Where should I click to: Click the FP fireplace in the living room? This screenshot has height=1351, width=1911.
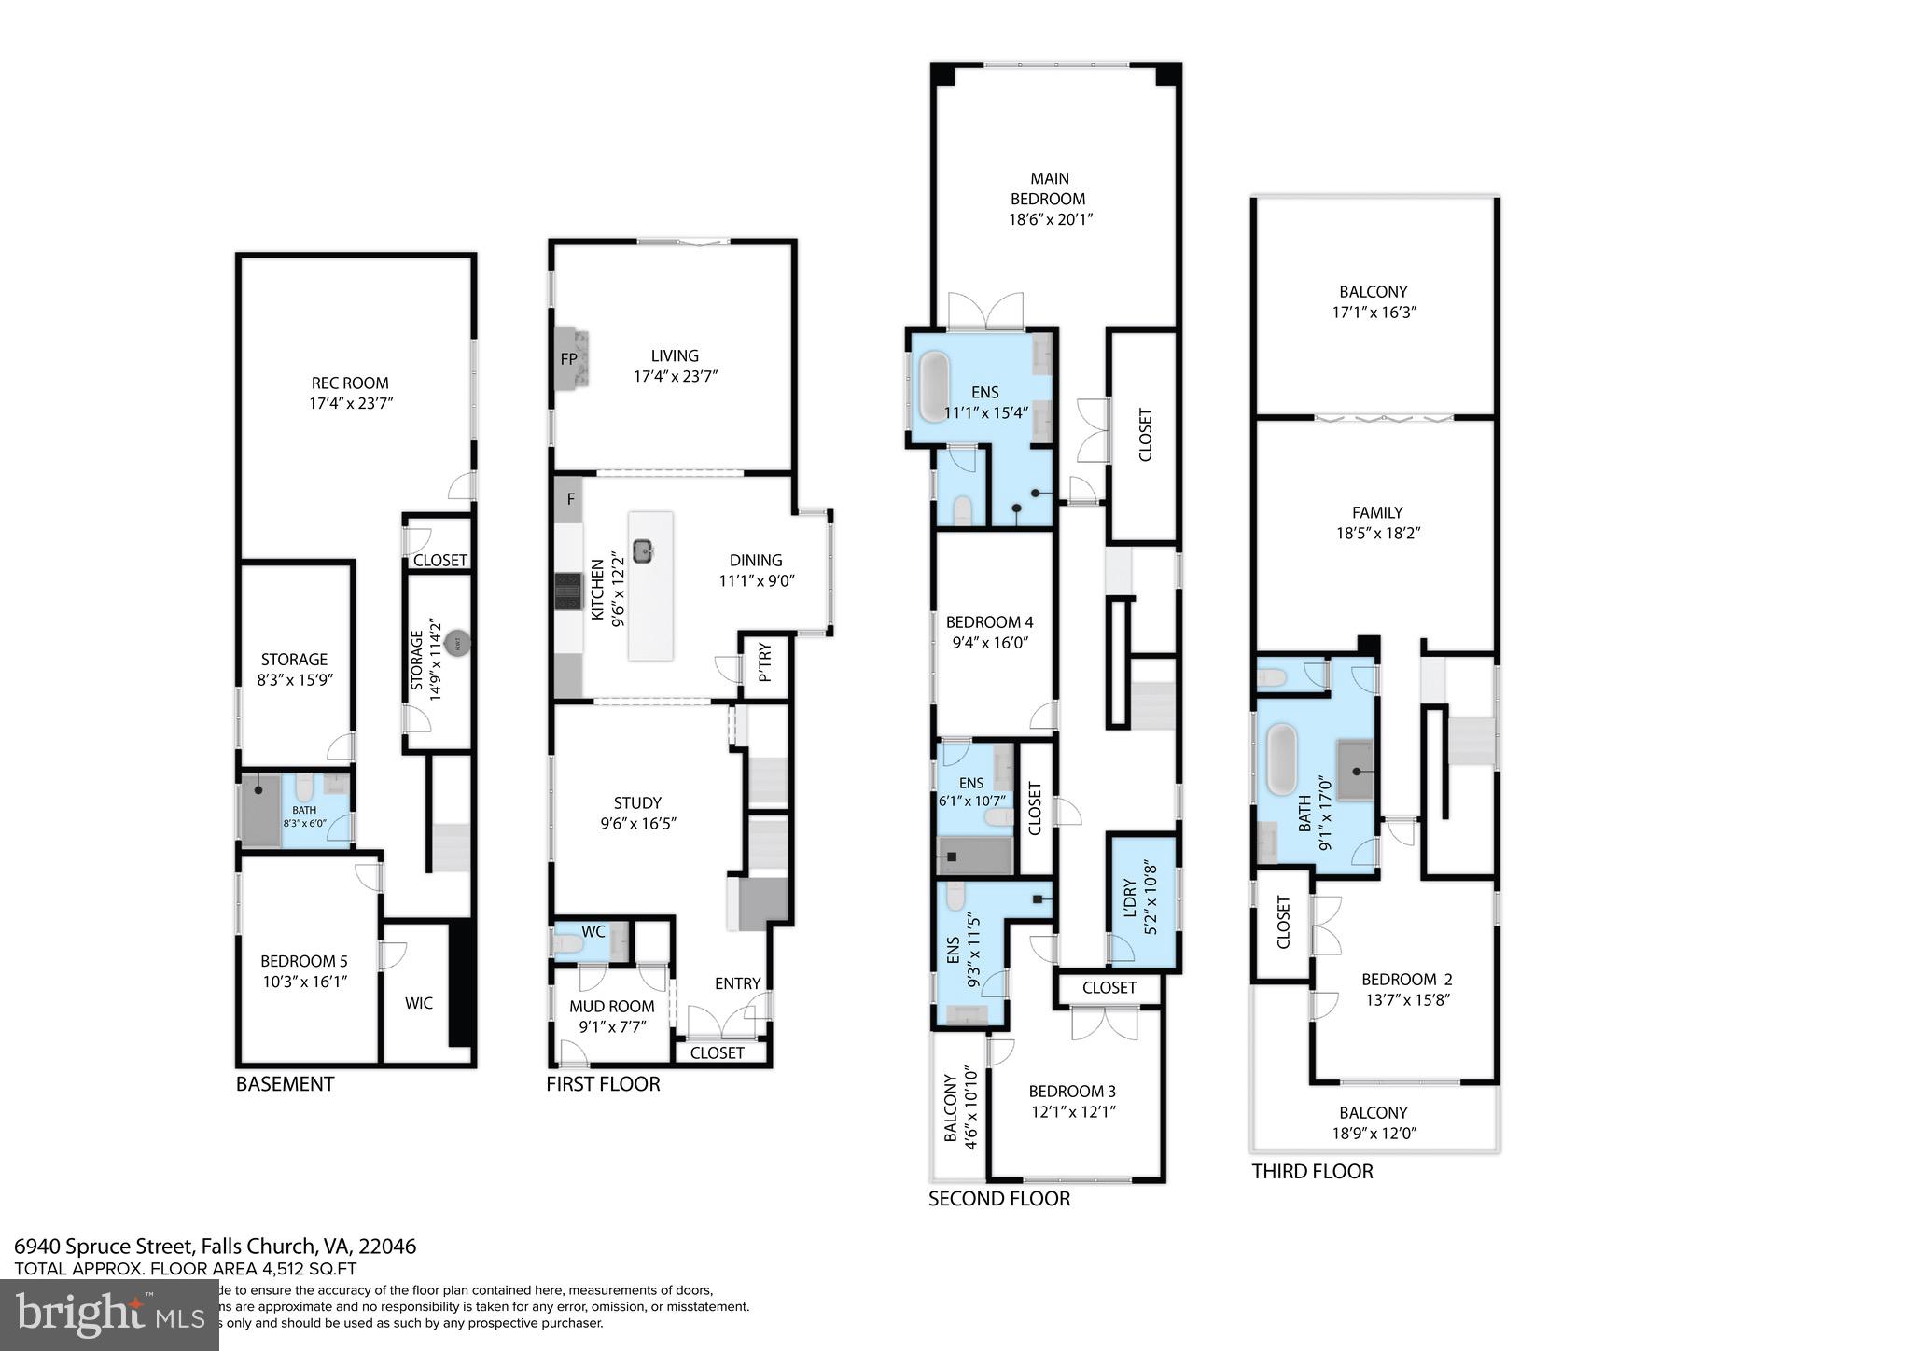568,358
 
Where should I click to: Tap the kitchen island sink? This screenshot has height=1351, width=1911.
643,550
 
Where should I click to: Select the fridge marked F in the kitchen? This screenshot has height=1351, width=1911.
570,499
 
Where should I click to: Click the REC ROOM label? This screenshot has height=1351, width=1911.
350,383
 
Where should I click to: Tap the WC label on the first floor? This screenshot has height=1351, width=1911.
593,931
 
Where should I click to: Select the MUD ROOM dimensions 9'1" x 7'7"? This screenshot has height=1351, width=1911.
611,1026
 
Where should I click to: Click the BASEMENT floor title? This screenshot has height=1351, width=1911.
285,1084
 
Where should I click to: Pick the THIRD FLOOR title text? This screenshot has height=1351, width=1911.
1312,1172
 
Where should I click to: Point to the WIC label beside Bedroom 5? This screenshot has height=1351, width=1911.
419,1003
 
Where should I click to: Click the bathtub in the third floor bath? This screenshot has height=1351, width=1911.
1282,759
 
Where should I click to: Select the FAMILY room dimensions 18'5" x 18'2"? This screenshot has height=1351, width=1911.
1377,534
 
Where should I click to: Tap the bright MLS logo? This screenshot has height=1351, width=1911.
109,1316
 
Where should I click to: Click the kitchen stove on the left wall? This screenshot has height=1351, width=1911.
567,591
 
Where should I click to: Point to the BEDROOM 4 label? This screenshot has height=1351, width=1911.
989,622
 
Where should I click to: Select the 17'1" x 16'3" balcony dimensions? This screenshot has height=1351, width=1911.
1374,313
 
